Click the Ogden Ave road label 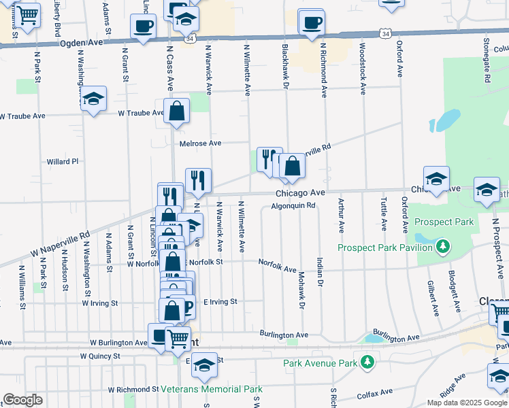(x=81, y=42)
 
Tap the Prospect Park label (x=443, y=222)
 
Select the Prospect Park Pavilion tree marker (x=443, y=245)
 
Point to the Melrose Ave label (x=201, y=143)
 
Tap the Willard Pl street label (x=63, y=162)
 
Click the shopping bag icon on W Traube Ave (x=177, y=111)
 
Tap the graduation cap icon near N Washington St (x=93, y=99)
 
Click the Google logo (x=22, y=400)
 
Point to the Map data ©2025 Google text (x=466, y=403)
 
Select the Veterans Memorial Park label (x=212, y=390)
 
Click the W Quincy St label (x=100, y=356)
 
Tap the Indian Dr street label (x=318, y=271)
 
